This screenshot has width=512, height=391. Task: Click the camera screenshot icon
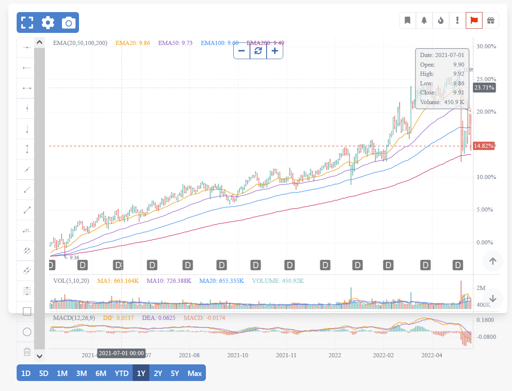[x=69, y=22]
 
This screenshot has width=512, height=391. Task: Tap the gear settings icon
[x=48, y=22]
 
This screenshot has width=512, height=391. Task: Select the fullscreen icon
[x=27, y=22]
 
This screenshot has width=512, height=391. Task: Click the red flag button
[x=474, y=20]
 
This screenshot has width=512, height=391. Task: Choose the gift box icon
[x=490, y=20]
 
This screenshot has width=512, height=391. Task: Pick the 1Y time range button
[x=141, y=373]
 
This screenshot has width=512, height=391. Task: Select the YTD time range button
[x=121, y=373]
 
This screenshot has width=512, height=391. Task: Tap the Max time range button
[x=194, y=373]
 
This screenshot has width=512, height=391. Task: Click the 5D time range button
[x=44, y=373]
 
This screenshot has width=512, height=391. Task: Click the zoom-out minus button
[x=242, y=51]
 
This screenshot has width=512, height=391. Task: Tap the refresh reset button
[x=258, y=51]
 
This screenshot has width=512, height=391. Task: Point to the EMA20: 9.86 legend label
[x=133, y=43]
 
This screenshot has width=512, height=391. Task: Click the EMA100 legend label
[x=220, y=43]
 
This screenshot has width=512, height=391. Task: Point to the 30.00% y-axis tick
[x=486, y=46]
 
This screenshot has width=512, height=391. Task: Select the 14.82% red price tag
[x=484, y=146]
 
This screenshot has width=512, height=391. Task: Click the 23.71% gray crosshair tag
[x=484, y=87]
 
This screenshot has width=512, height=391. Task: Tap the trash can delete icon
[x=27, y=352]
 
